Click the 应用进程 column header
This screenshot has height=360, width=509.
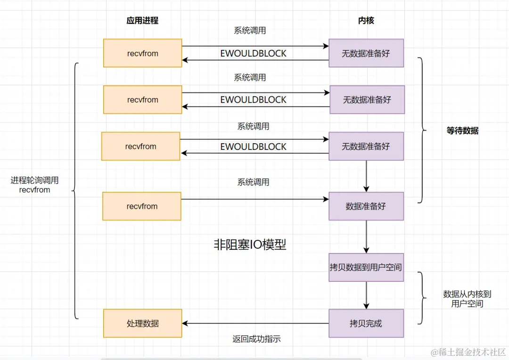tap(142, 20)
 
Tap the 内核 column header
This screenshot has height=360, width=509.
tap(366, 20)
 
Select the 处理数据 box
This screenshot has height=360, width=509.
tap(142, 323)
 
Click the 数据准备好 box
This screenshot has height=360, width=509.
tap(366, 206)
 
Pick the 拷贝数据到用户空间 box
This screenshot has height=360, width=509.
tap(366, 267)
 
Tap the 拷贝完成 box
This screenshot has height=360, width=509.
tap(366, 323)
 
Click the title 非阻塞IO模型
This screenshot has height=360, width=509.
tap(250, 245)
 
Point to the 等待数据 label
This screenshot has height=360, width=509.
tap(462, 131)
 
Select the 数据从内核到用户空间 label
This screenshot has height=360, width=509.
tap(467, 299)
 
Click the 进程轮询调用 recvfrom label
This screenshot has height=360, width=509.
tap(34, 185)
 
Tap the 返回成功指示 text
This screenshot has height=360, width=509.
tap(256, 339)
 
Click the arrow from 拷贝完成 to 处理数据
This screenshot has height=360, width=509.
tap(255, 323)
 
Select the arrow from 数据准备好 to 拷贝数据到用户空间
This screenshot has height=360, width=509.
tap(366, 237)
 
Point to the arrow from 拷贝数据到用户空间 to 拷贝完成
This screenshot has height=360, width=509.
tap(366, 295)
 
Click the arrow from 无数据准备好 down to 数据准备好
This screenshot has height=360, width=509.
tap(366, 176)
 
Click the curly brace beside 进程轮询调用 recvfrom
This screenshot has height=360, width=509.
tap(75, 190)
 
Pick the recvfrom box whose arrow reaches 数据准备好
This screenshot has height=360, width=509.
tap(142, 206)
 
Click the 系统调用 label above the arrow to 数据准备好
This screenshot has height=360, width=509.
tap(253, 182)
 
